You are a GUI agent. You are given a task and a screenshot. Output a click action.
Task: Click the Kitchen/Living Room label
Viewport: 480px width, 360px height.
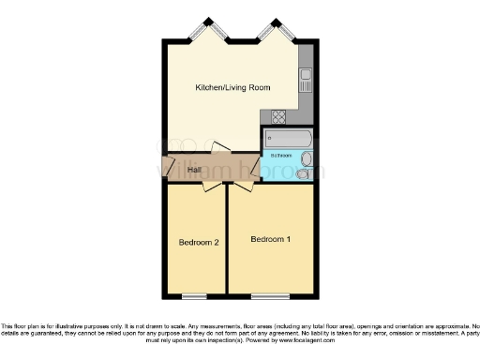coord(232,87)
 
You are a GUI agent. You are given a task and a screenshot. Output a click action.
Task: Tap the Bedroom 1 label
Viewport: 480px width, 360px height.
coord(270,240)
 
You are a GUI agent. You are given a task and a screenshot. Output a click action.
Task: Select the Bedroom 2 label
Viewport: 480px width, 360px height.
coord(199,243)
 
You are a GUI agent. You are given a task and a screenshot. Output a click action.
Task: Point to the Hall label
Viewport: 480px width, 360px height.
coord(194,170)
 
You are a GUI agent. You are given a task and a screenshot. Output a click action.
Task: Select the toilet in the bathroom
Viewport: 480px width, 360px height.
coord(303,172)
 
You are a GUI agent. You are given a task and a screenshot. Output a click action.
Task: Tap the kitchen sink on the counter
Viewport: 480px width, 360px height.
coord(306,82)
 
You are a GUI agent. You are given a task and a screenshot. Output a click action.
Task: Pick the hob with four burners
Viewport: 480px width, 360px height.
coord(279,117)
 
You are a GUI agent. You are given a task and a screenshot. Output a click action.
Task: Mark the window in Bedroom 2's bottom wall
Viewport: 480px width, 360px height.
coord(195,296)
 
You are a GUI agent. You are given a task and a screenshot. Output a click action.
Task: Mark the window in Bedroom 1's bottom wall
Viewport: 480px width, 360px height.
coord(271,296)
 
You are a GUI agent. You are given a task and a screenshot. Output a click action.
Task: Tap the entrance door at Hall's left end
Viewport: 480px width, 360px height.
coord(166,170)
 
